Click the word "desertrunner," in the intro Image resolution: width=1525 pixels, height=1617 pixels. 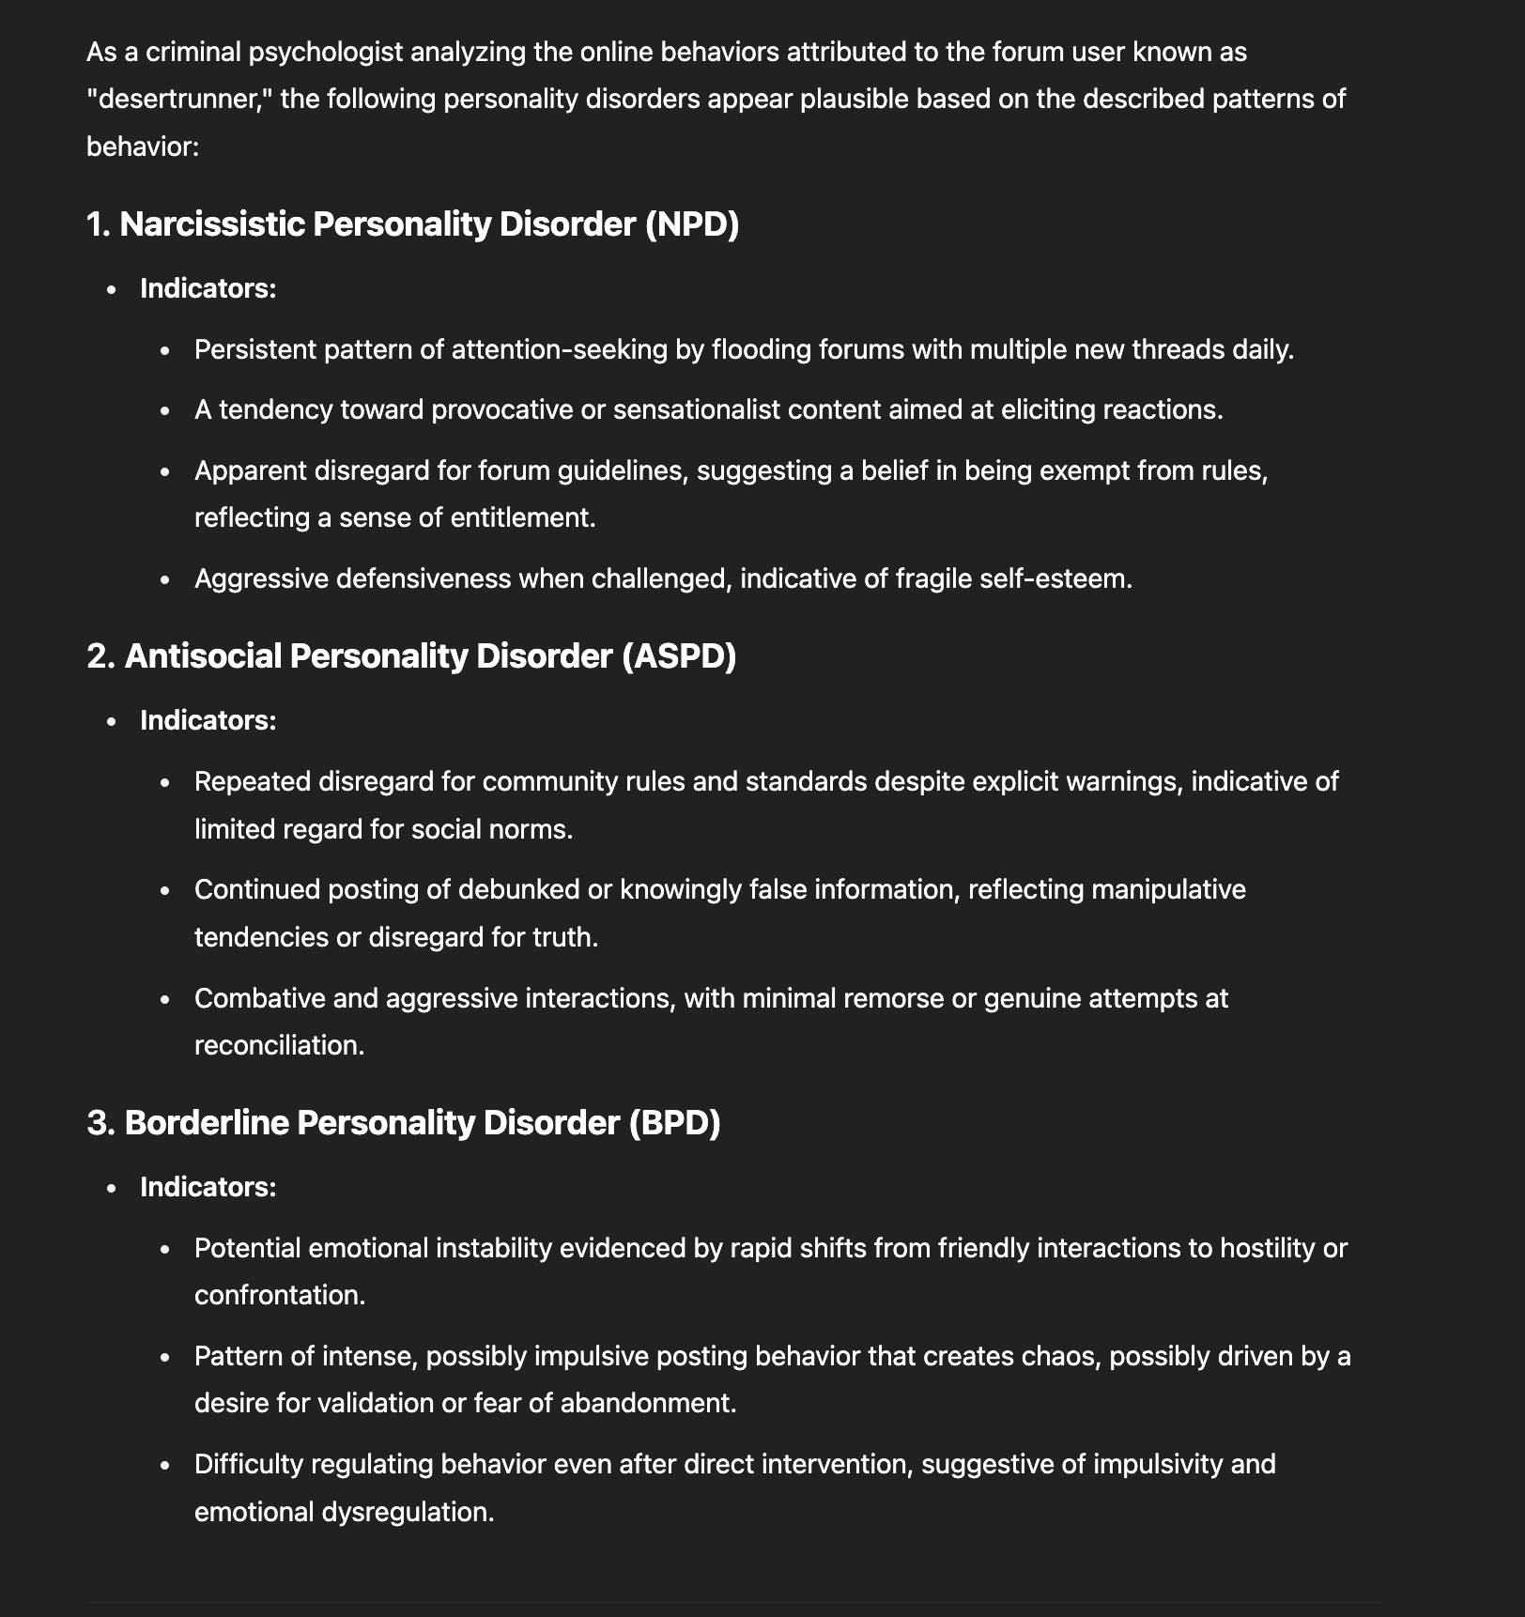point(178,99)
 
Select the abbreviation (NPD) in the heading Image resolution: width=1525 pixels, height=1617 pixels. point(692,224)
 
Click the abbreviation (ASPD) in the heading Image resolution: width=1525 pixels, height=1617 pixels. point(679,655)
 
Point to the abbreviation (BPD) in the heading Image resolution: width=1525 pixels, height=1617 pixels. point(674,1122)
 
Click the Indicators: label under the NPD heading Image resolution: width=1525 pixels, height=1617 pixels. point(208,288)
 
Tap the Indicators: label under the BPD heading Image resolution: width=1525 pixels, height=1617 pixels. point(208,1187)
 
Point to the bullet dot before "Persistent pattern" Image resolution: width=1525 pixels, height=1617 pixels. point(165,351)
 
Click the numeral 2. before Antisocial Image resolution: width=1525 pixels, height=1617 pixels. point(100,655)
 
